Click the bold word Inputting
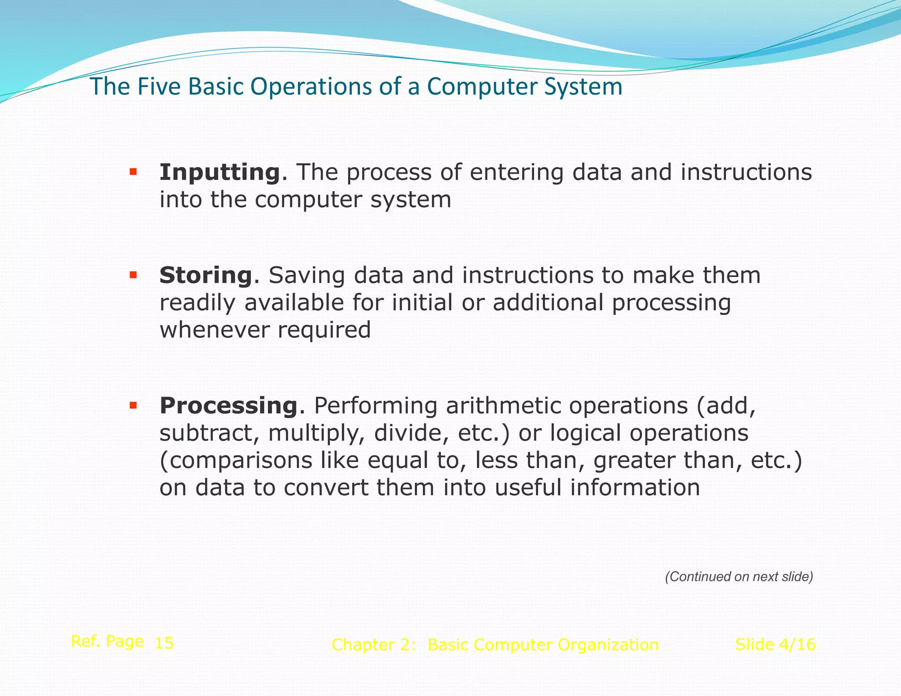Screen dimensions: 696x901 pyautogui.click(x=220, y=172)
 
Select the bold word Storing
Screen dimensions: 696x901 pyautogui.click(x=205, y=275)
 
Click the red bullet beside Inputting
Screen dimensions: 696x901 pyautogui.click(x=133, y=172)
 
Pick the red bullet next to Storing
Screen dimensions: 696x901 pyautogui.click(x=133, y=275)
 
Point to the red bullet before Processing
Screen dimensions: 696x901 pyautogui.click(x=133, y=405)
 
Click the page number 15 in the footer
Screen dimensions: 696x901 pyautogui.click(x=164, y=643)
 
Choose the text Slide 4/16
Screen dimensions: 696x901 pyautogui.click(x=775, y=645)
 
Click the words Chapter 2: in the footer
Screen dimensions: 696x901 pyautogui.click(x=374, y=645)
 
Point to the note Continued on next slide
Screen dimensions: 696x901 pyautogui.click(x=739, y=577)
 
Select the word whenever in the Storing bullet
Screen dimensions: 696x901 pyautogui.click(x=215, y=330)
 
